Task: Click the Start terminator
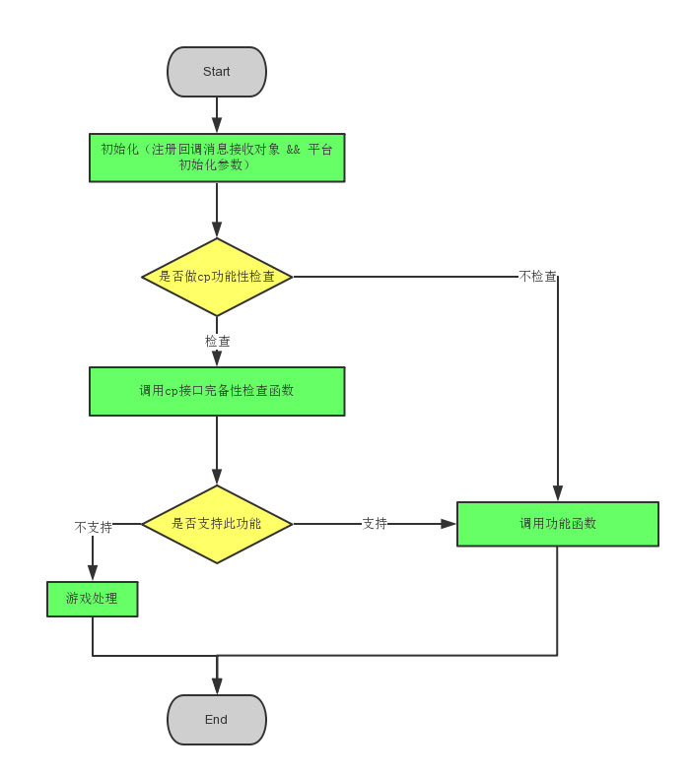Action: tap(217, 72)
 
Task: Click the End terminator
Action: tap(217, 720)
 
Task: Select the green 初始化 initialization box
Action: tap(217, 158)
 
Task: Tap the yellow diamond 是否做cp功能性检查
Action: tap(217, 277)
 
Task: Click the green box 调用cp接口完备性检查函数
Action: tap(217, 391)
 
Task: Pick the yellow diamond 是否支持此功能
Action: tap(217, 524)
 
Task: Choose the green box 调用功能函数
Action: tap(558, 524)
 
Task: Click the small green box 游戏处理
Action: tap(93, 599)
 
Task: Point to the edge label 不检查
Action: tap(538, 277)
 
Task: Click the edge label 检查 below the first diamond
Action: tap(218, 341)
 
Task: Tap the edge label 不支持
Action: tap(94, 527)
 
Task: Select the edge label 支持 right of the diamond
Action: tap(375, 524)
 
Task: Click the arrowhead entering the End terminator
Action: tap(217, 686)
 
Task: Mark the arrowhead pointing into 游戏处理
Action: tap(93, 572)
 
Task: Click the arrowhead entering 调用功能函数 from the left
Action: tap(448, 524)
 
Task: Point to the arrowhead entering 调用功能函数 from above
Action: tap(558, 493)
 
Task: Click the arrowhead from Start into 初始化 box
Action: tap(217, 125)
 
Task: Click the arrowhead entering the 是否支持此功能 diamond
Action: tap(217, 477)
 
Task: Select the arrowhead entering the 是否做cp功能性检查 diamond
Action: tap(217, 229)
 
